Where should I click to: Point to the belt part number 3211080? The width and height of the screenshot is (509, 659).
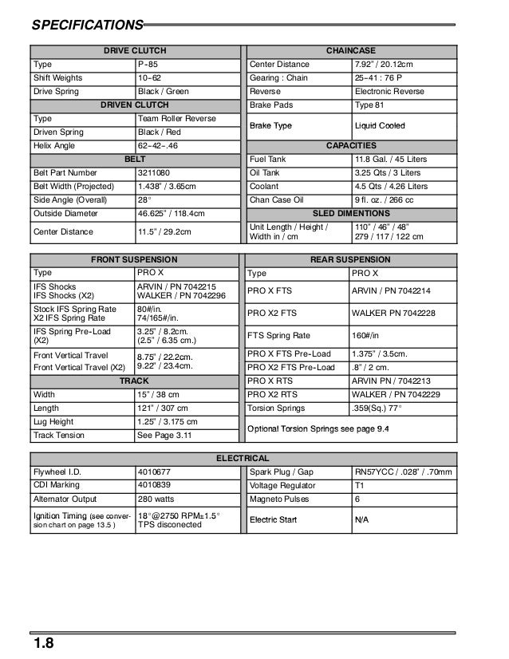point(155,173)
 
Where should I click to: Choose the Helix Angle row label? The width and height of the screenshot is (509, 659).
point(53,146)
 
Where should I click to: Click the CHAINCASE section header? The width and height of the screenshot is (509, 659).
point(351,51)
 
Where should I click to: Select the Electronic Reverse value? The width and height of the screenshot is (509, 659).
point(390,92)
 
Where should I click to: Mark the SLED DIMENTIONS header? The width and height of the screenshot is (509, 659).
point(351,214)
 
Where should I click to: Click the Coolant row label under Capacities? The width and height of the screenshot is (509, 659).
point(264,187)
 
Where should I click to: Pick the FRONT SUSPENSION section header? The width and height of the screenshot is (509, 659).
point(134,260)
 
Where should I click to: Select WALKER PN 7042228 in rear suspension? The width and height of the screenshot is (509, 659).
point(394,314)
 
